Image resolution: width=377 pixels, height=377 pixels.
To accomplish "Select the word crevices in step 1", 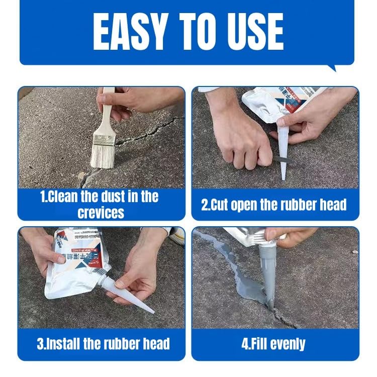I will [101, 212].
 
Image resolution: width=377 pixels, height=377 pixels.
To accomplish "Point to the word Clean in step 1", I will [67, 197].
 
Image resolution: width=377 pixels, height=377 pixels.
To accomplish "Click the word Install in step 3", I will [67, 344].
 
